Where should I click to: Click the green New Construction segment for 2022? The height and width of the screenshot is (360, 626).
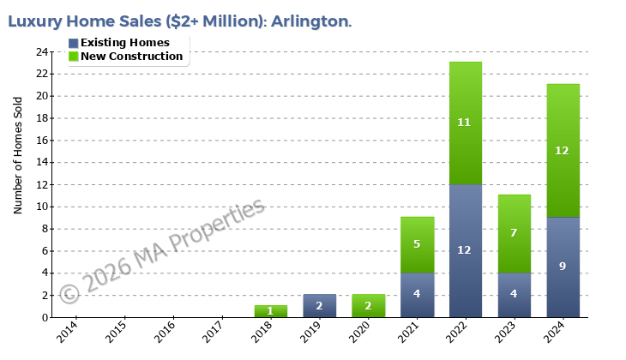pos(466,123)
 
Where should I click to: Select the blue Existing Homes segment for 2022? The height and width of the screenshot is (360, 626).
pos(466,250)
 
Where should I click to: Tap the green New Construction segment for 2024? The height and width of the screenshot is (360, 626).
pos(563,150)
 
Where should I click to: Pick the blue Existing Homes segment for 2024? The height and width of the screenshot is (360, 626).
pos(563,267)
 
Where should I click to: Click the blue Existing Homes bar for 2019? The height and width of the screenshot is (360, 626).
pos(319,306)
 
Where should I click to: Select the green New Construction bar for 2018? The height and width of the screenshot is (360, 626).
pos(271,311)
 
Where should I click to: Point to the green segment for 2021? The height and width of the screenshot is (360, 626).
pos(417,244)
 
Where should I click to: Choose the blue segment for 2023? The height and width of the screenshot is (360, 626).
pos(515,295)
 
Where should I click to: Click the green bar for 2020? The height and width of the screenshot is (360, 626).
pos(368,306)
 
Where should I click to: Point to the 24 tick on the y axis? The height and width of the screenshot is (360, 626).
pos(41,51)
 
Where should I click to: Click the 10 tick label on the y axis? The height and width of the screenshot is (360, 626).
pos(41,207)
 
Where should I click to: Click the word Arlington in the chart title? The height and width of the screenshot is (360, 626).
pos(310,21)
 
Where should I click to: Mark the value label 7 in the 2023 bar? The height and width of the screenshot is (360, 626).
pos(515,233)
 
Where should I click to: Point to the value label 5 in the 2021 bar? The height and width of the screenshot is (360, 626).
pos(417,244)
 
